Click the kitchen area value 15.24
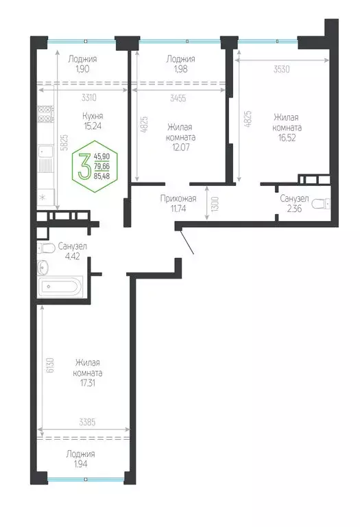pos(84,126)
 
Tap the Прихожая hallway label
pos(178,199)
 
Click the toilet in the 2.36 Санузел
pos(327,203)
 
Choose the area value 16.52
pos(287,139)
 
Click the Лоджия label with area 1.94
pos(81,454)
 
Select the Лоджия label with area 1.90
pos(82,59)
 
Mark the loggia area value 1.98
pos(181,69)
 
